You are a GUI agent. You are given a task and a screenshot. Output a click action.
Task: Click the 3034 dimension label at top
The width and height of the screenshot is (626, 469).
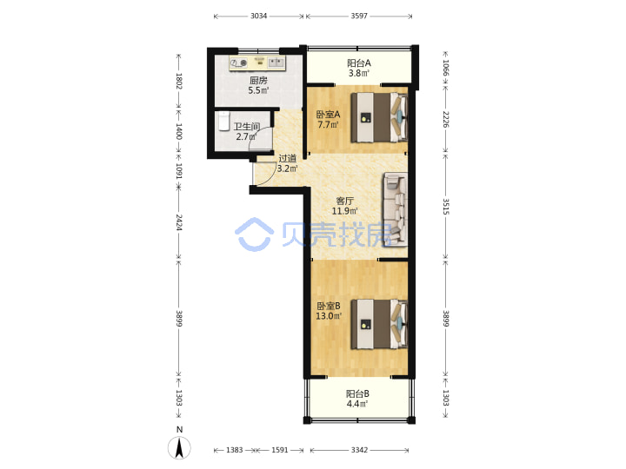(x=258, y=16)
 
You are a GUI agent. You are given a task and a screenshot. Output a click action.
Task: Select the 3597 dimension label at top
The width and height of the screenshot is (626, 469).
(x=359, y=16)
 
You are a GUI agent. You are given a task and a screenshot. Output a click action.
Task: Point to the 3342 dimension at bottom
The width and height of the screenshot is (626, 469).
(x=359, y=450)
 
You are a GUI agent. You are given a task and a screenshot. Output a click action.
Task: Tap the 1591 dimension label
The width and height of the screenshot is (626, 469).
(x=279, y=450)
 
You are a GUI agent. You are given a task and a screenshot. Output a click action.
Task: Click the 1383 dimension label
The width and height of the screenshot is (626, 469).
(x=235, y=450)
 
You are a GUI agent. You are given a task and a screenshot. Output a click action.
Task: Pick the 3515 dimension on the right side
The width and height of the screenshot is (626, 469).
(x=446, y=206)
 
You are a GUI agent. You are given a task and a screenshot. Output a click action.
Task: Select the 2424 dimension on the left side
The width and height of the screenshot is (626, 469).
(x=179, y=222)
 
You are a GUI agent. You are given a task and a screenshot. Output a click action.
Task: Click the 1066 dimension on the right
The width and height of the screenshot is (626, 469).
(x=446, y=68)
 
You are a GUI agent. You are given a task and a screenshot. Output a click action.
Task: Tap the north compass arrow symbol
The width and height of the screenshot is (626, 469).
(x=179, y=447)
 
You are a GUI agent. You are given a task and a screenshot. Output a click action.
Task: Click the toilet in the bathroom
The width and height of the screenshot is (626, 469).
(x=224, y=121)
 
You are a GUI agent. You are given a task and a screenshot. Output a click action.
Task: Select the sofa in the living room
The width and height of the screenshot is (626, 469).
(x=396, y=209)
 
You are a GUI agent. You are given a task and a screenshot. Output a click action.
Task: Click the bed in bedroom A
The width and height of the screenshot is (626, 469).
(x=379, y=117)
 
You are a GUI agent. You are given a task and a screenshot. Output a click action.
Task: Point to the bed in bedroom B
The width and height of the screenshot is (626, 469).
(x=379, y=324)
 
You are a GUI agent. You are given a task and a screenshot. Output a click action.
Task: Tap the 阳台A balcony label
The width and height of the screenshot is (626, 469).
(x=359, y=63)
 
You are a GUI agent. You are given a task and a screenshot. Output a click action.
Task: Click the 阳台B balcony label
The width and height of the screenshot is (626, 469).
(x=357, y=393)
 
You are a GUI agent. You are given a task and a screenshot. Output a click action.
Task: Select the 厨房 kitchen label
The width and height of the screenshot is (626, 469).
(x=258, y=80)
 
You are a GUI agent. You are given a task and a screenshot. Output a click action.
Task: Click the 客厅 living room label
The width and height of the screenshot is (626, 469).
(x=344, y=201)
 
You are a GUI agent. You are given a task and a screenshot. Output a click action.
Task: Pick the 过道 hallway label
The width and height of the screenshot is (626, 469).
(x=288, y=158)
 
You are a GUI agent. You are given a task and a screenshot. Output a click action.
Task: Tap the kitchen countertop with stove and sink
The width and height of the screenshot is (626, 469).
(x=257, y=63)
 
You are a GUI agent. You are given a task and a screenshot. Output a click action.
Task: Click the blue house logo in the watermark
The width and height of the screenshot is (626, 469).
(x=254, y=234)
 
